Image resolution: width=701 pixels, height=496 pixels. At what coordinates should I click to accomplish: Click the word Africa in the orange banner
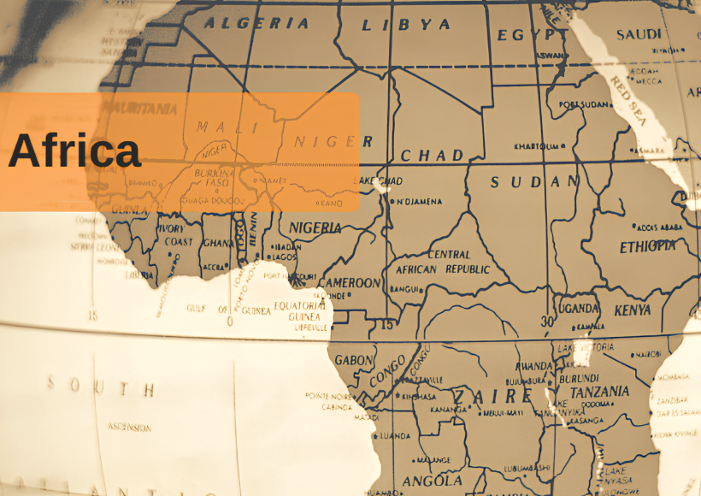click(x=74, y=151)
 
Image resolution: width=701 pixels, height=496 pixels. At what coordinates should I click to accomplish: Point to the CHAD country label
click(x=433, y=156)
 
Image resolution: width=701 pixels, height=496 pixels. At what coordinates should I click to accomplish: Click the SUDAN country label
click(x=534, y=181)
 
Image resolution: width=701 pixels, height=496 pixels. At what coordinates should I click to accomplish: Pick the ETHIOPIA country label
click(x=647, y=246)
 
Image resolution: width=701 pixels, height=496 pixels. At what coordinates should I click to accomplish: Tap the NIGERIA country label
click(x=315, y=228)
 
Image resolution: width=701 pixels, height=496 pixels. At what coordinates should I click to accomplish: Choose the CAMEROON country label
click(x=350, y=283)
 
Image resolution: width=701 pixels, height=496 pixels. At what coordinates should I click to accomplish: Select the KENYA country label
click(x=633, y=310)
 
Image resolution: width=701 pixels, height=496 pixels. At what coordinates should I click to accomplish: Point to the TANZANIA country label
click(x=600, y=392)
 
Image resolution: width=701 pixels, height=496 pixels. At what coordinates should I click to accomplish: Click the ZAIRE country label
click(x=492, y=397)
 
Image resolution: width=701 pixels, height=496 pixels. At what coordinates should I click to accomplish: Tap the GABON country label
click(x=353, y=360)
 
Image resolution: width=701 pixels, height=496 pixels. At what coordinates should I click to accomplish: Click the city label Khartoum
click(x=539, y=146)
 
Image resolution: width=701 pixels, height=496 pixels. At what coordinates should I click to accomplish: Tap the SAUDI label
click(x=639, y=34)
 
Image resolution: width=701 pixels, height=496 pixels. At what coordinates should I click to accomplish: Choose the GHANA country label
click(x=215, y=243)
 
